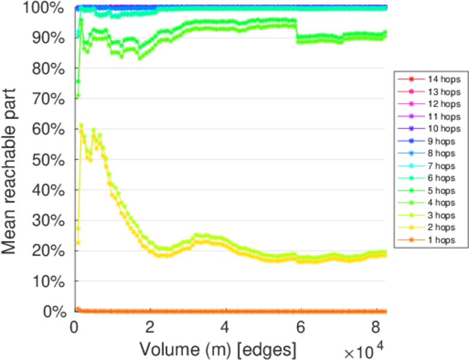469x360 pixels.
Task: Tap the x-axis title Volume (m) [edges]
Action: (217, 348)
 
